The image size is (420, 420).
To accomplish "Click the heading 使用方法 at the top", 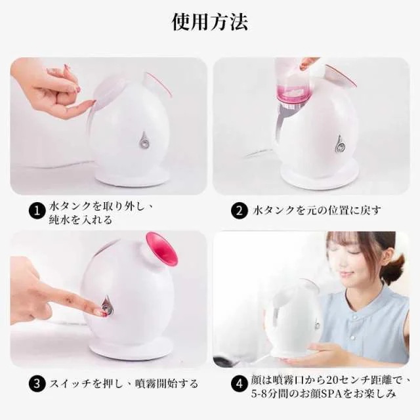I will click(x=210, y=22).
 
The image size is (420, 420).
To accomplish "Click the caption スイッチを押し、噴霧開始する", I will click(x=124, y=383).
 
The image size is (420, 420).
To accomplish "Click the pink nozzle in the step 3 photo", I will click(x=162, y=249).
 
